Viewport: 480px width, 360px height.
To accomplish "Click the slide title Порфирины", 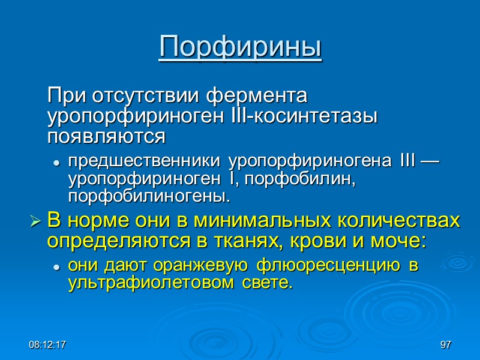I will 240,47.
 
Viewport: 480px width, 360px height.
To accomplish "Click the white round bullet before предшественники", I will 56,163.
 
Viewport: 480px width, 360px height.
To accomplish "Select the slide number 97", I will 445,345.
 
